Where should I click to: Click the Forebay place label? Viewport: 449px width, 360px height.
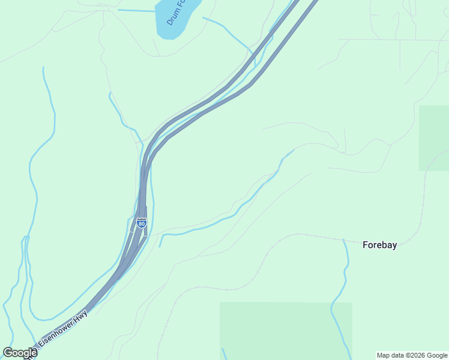379,245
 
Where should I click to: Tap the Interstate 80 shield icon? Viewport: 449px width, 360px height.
141,223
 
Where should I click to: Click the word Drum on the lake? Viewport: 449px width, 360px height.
173,18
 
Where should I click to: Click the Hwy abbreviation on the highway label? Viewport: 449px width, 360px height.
80,316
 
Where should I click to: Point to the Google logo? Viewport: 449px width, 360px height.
20,353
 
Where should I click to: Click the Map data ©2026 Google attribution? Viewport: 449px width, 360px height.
412,355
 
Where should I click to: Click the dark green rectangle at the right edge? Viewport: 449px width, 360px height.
433,137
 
